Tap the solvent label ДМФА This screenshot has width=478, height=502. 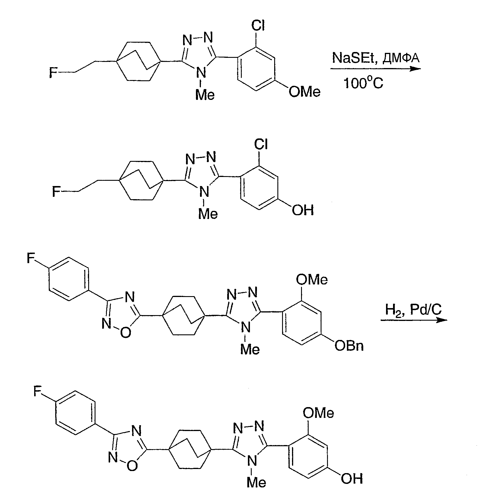pyautogui.click(x=401, y=58)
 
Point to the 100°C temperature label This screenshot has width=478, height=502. pyautogui.click(x=363, y=83)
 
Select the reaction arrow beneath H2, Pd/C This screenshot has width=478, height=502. pyautogui.click(x=414, y=320)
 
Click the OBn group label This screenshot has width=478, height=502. pyautogui.click(x=349, y=346)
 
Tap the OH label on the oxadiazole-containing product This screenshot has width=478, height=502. pyautogui.click(x=352, y=478)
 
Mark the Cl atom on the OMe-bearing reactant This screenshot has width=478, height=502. pyautogui.click(x=258, y=25)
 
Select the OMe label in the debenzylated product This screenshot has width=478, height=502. pyautogui.click(x=318, y=413)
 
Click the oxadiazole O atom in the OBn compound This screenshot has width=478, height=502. pyautogui.click(x=126, y=333)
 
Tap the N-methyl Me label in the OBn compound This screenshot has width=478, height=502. pyautogui.click(x=250, y=349)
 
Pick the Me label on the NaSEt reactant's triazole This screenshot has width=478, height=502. pyautogui.click(x=205, y=95)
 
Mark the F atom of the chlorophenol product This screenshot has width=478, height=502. pyautogui.click(x=56, y=192)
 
